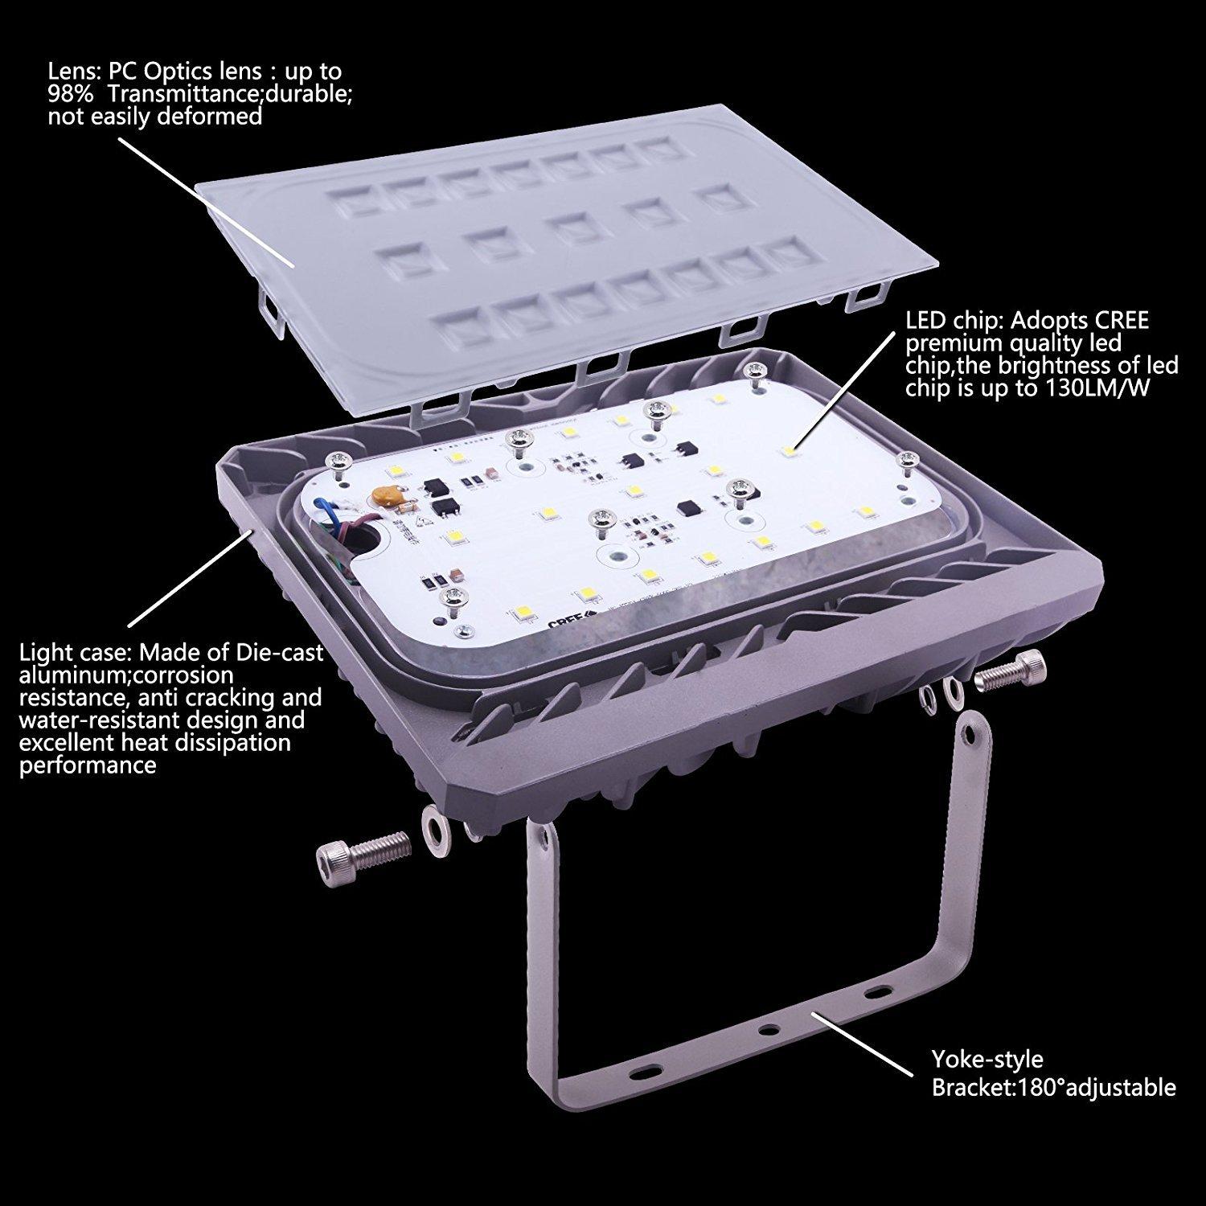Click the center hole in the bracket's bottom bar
click(x=770, y=1028)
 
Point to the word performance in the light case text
click(x=88, y=764)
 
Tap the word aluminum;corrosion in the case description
click(x=126, y=674)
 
